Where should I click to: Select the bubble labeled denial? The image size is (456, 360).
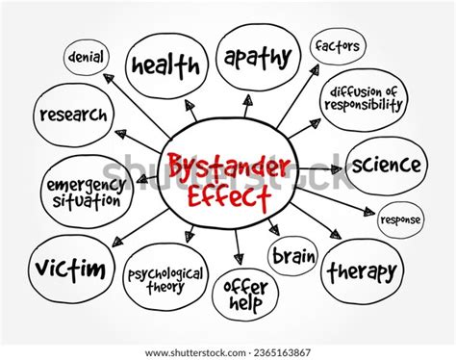coord(87,57)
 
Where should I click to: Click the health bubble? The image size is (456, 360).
coord(165,64)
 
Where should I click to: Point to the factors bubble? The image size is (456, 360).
coord(336,45)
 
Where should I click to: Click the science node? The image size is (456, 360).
coord(386,165)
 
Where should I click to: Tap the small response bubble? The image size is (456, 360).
coord(400,219)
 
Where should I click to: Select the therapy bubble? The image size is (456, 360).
coord(361,272)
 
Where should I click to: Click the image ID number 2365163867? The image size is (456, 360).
coord(285,352)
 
